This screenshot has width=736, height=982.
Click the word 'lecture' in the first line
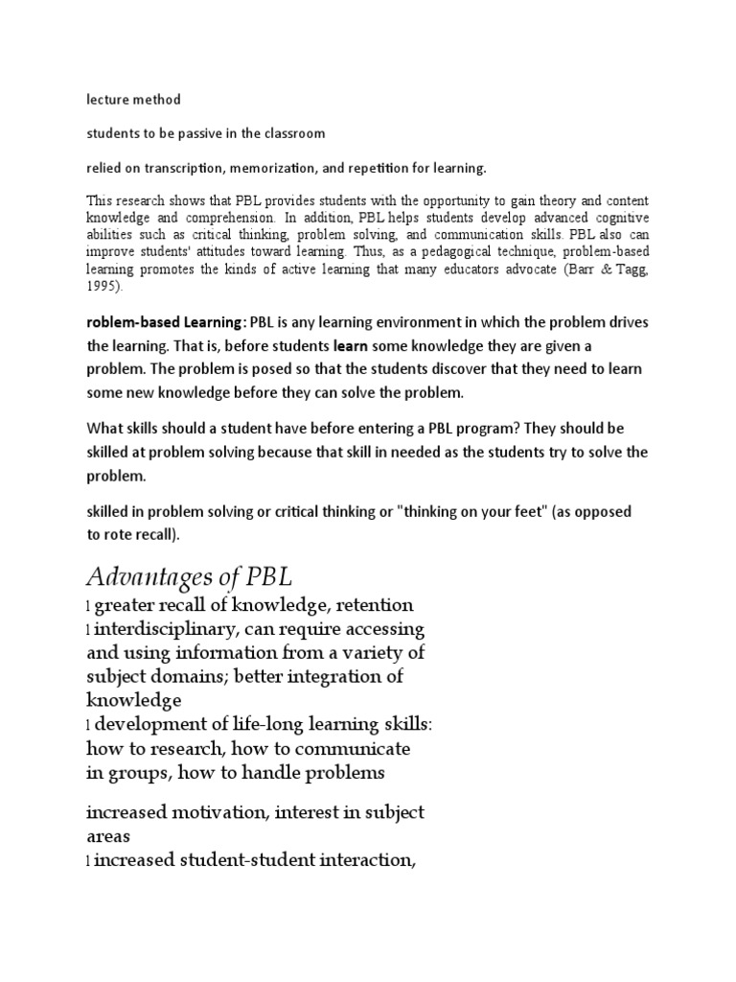[108, 99]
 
